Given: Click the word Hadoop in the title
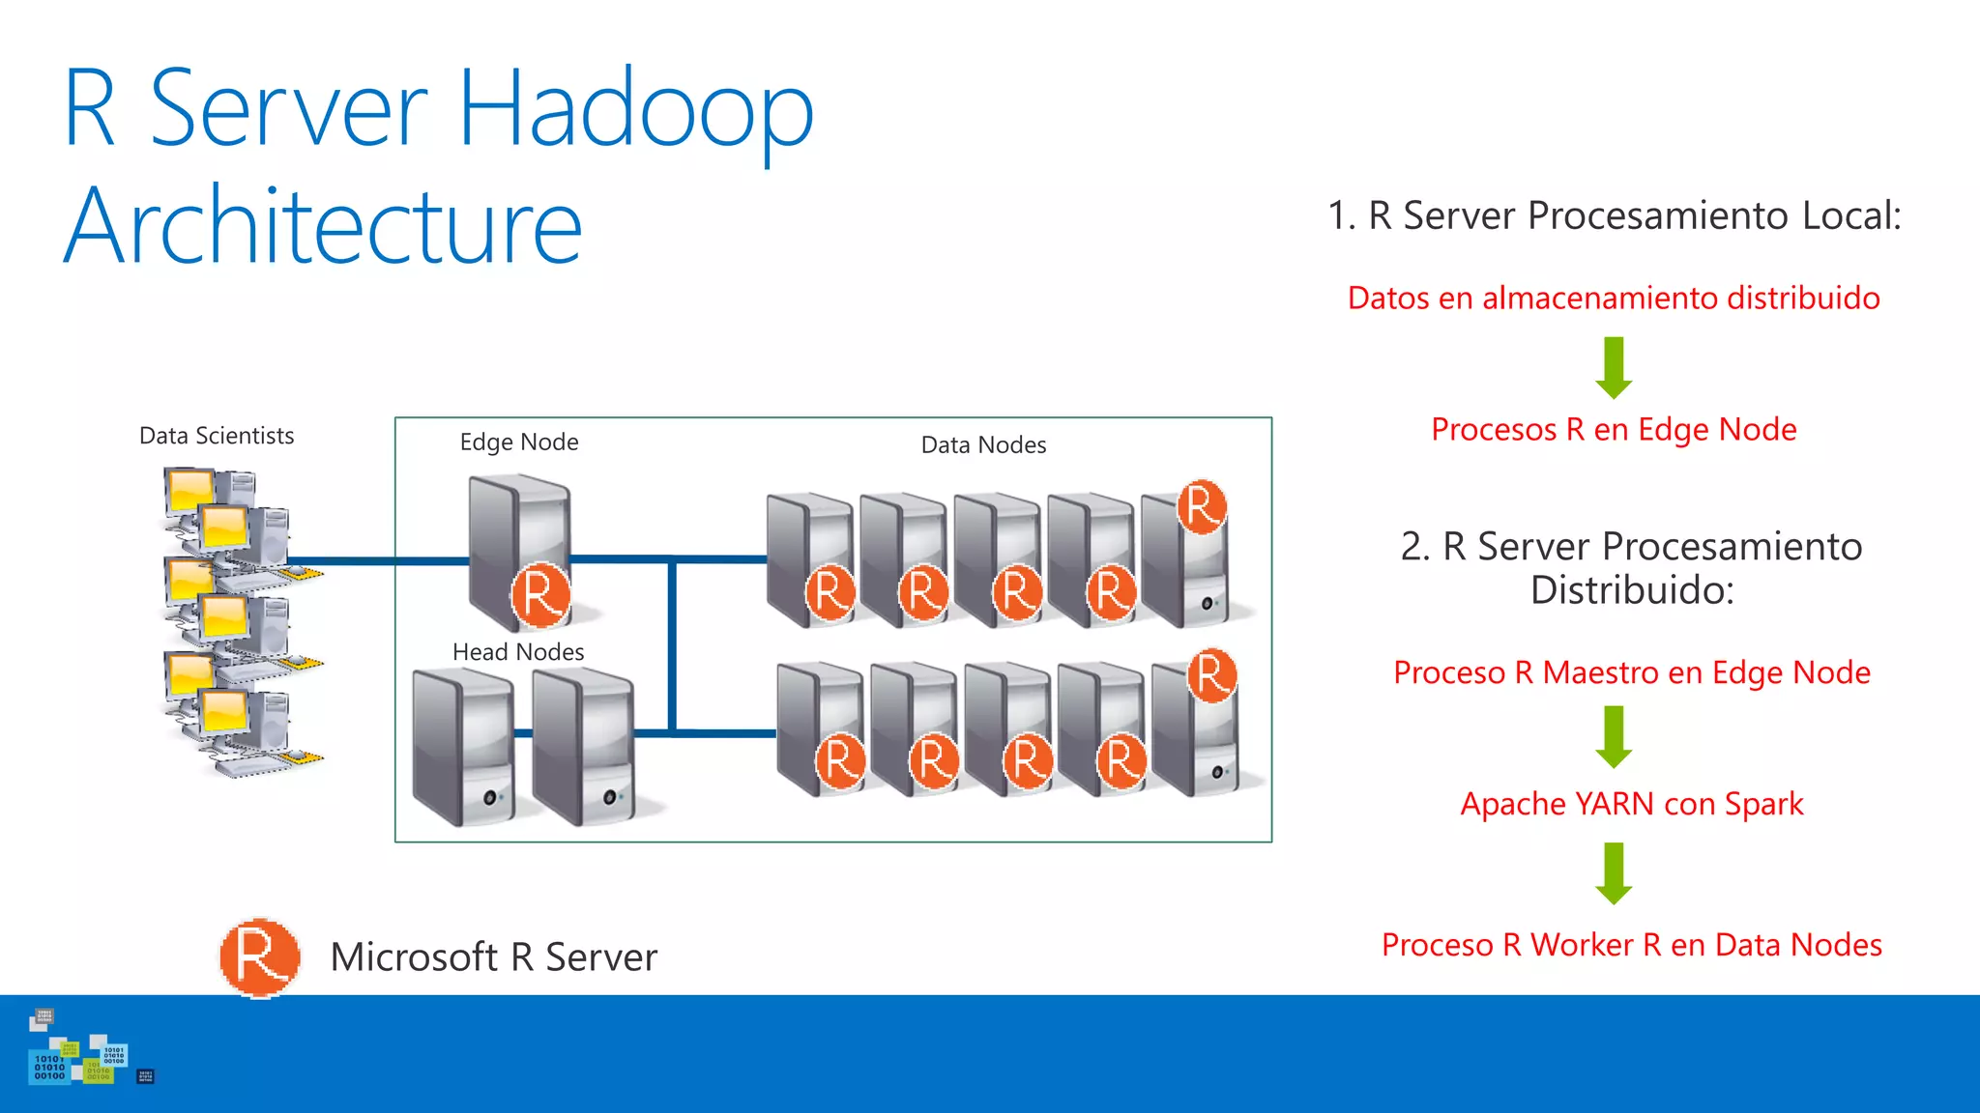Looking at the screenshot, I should click(x=635, y=109).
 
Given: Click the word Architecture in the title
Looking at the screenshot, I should click(x=323, y=227).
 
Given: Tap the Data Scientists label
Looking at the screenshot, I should click(x=217, y=436).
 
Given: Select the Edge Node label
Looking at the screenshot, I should click(x=519, y=442).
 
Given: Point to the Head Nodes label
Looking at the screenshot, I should click(x=518, y=652).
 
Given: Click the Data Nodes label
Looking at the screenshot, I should click(x=983, y=445).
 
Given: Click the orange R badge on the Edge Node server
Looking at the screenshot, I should click(x=540, y=595).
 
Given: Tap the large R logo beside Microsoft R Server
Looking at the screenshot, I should click(x=259, y=956).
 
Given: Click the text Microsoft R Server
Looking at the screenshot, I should click(x=493, y=957).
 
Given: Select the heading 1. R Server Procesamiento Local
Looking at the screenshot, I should click(x=1614, y=215).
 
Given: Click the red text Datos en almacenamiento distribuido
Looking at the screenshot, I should click(x=1614, y=299).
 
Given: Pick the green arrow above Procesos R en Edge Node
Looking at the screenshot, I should click(x=1614, y=367).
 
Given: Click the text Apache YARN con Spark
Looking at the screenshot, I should click(x=1632, y=804).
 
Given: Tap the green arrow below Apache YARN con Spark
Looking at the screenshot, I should click(x=1614, y=872).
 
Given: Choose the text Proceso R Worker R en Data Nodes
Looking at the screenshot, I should click(x=1632, y=945).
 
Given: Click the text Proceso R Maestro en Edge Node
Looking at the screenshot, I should click(x=1632, y=672).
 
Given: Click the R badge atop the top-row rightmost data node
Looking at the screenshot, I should click(x=1202, y=506).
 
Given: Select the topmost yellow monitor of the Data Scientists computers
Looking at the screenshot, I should click(x=189, y=489).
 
